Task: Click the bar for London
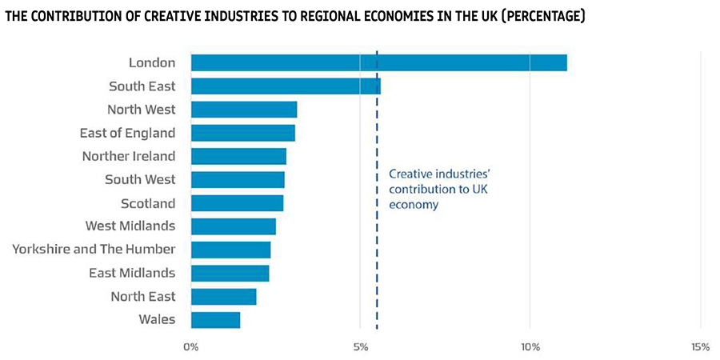(378, 62)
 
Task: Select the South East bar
(286, 86)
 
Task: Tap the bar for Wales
(215, 320)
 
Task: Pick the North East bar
(223, 297)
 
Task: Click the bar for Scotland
(237, 203)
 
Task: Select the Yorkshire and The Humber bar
(230, 250)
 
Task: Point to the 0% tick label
(190, 346)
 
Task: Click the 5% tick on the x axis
(360, 346)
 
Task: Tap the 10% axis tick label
(530, 346)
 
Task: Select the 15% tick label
(700, 346)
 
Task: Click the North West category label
(141, 110)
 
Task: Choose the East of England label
(127, 133)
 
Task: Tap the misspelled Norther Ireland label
(128, 156)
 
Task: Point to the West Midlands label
(130, 226)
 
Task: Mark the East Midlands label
(132, 273)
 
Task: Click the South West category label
(140, 179)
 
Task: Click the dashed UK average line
(377, 256)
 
